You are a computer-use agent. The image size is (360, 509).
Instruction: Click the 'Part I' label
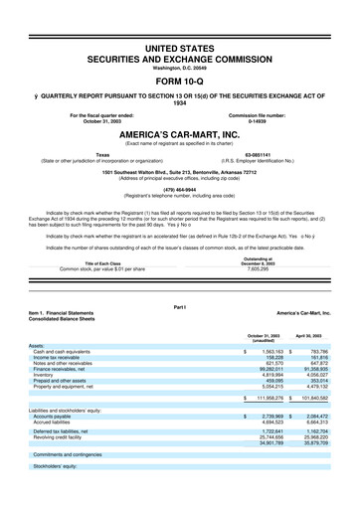point(180,307)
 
